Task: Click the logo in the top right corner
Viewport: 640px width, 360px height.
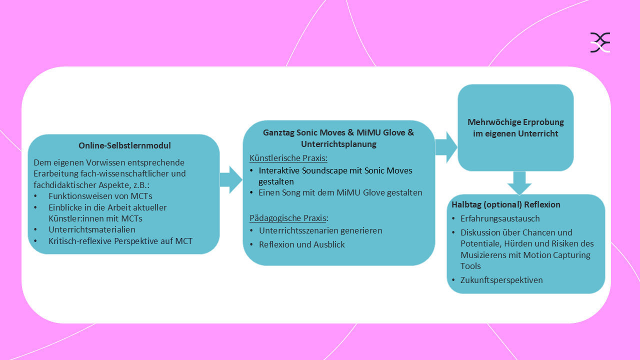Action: pos(600,42)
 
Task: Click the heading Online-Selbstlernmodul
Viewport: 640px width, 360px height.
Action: pos(124,146)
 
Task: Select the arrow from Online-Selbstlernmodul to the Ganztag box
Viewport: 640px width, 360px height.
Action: pos(230,180)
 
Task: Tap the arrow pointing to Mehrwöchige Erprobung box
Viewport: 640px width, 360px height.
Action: pos(446,147)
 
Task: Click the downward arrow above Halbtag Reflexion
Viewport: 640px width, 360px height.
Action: pos(519,183)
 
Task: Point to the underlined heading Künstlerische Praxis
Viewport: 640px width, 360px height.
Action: pos(288,158)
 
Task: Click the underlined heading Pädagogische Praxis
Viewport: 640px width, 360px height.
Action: pos(288,218)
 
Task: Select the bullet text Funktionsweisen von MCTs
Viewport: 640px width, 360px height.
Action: pos(100,196)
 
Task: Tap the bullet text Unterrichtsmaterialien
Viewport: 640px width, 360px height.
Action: pos(92,229)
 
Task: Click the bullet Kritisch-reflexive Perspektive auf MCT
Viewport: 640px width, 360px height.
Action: pos(120,241)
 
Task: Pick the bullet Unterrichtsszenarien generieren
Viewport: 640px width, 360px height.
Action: pos(320,230)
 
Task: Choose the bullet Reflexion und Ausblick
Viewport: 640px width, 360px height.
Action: pos(302,244)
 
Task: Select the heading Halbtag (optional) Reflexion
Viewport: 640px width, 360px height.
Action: pos(505,204)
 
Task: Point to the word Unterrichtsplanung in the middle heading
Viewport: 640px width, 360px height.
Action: pos(338,144)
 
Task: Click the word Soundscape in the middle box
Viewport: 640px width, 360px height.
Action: pos(325,170)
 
